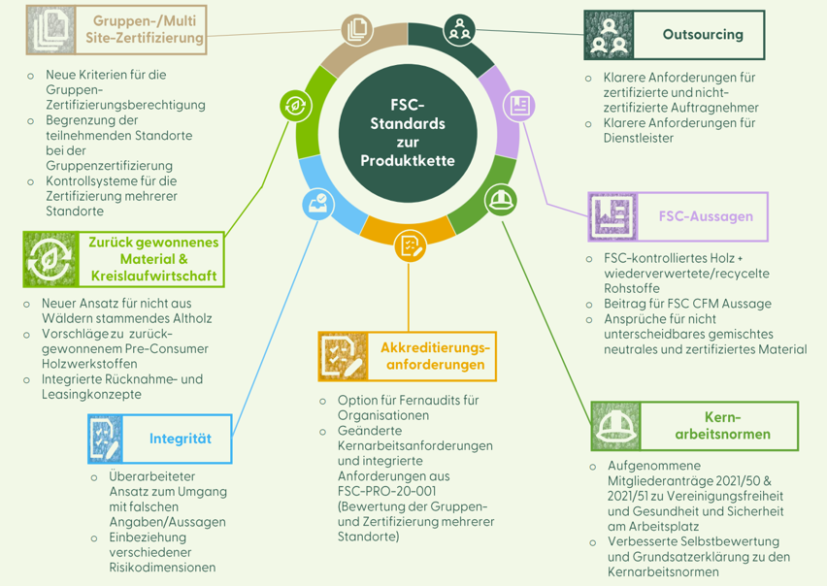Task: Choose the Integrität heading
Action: [x=180, y=439]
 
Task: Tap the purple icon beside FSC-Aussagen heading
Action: [x=613, y=216]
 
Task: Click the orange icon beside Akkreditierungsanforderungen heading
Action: [x=343, y=356]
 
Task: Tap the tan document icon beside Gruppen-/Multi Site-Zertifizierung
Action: [x=49, y=30]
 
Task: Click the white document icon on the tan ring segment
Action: [x=356, y=30]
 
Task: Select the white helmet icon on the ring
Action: [x=498, y=201]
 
